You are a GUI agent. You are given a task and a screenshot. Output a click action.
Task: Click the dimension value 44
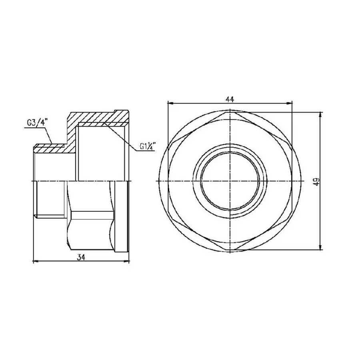(230, 98)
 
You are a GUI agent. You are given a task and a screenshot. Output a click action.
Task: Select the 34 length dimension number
(81, 258)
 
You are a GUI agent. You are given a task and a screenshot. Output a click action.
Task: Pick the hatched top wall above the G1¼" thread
(100, 118)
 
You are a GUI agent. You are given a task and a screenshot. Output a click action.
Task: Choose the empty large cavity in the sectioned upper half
(102, 154)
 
